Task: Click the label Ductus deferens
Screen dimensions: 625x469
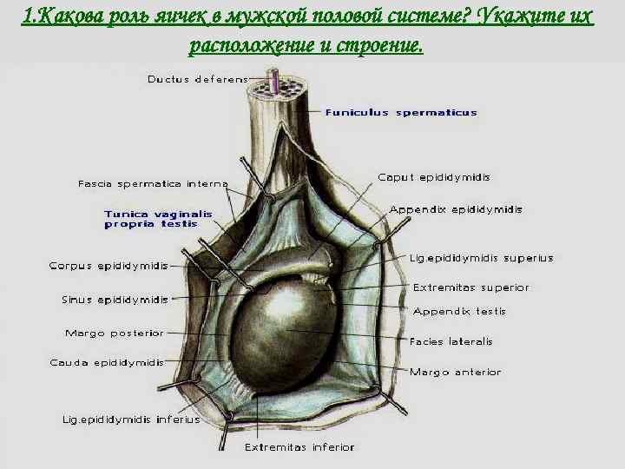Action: (196, 79)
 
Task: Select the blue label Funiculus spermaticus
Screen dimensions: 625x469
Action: (401, 113)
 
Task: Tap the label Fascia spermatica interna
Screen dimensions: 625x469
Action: (153, 183)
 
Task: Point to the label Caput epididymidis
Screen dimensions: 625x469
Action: (434, 177)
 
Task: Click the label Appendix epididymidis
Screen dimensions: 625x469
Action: (456, 209)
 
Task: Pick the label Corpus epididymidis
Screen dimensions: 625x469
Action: (109, 266)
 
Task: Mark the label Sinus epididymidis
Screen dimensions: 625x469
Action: (115, 300)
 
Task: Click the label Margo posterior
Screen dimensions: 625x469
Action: (114, 333)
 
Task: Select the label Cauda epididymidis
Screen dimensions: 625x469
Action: (107, 362)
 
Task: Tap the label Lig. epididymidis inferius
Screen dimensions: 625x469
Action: (130, 419)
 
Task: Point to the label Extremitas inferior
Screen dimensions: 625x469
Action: (299, 447)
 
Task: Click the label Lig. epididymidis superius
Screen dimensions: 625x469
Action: (481, 258)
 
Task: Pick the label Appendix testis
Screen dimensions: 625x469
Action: (459, 311)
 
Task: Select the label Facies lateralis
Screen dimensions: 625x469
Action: (451, 341)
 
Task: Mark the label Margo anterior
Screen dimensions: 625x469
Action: (455, 372)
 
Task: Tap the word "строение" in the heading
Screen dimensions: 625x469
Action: (377, 45)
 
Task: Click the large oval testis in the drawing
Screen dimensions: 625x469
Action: (291, 334)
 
